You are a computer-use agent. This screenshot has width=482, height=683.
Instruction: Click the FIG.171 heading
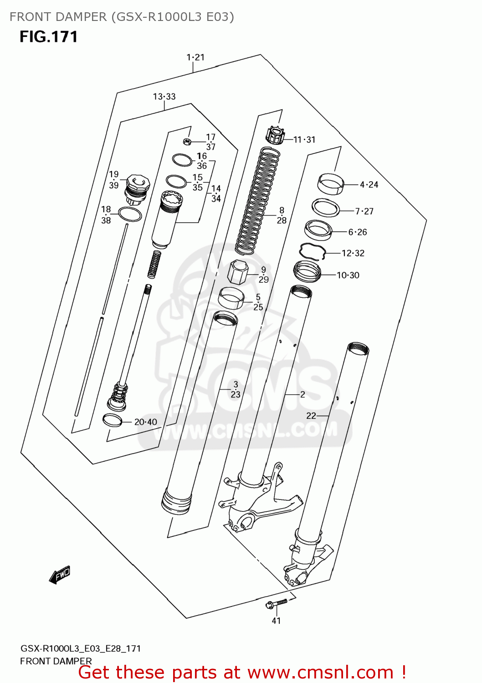tap(48, 36)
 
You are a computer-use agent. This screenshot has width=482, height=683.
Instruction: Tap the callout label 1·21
tap(195, 57)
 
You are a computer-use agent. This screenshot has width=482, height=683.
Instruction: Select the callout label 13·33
tap(164, 97)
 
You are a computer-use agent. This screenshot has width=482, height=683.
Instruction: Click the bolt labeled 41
tap(276, 604)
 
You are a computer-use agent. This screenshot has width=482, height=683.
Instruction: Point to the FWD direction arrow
tap(60, 575)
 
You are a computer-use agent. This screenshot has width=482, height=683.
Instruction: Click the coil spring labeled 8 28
tap(258, 200)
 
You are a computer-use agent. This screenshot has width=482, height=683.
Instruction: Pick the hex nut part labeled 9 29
tap(237, 272)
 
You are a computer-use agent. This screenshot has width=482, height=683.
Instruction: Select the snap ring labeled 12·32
tap(312, 251)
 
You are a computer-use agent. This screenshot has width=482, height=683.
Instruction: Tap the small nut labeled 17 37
tap(186, 141)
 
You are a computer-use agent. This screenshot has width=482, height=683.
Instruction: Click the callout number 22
tap(311, 416)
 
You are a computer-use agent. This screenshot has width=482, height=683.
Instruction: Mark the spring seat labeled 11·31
tap(275, 136)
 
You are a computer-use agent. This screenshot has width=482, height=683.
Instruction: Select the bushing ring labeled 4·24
tap(330, 183)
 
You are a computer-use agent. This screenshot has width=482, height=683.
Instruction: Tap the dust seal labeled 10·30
tap(307, 271)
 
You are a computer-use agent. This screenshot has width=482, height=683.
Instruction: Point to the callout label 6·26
tap(358, 232)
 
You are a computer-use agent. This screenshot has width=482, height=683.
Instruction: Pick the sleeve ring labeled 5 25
tap(231, 298)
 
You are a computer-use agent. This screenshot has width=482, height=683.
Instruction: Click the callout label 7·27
tap(364, 211)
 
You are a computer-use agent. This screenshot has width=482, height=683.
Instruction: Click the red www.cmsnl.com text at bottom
tap(321, 673)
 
